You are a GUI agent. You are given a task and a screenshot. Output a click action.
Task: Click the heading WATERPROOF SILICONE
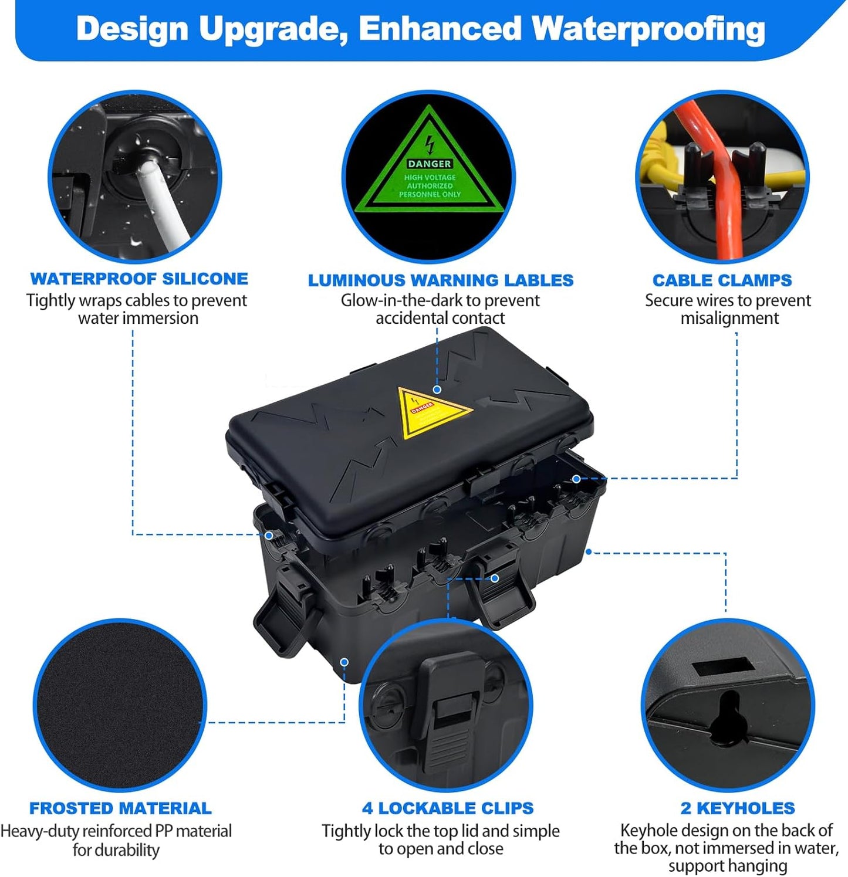[x=139, y=279]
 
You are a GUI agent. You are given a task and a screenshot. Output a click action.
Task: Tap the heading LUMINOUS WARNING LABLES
[x=441, y=280]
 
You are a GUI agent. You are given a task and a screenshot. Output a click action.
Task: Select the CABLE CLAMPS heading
[x=722, y=280]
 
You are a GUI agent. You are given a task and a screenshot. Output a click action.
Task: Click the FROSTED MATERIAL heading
[x=120, y=808]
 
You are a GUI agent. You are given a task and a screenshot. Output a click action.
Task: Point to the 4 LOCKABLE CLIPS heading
[x=448, y=808]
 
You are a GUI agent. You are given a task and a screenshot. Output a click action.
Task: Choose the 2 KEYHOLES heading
[x=738, y=808]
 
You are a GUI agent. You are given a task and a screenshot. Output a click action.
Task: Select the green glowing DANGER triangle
[x=430, y=170]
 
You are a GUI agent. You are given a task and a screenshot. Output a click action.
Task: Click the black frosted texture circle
[x=120, y=704]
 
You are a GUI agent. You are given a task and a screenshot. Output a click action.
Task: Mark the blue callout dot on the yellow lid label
[x=437, y=390]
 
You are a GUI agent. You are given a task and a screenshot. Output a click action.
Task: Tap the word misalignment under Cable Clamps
[x=729, y=318]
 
